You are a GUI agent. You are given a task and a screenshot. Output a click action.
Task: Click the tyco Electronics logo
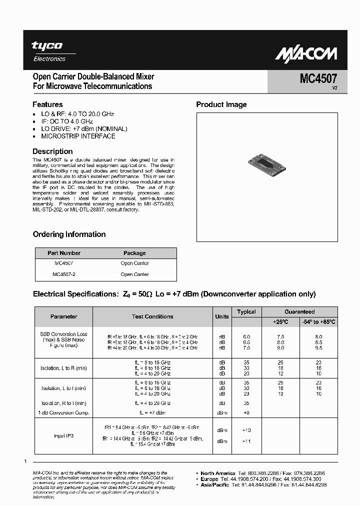coord(49,51)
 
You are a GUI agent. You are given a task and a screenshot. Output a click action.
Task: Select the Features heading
coord(47,104)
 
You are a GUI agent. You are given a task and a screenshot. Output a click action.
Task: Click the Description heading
coord(52,151)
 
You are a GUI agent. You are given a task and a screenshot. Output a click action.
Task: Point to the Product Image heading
coord(221,104)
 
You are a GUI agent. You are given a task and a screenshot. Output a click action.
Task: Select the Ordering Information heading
coord(69,234)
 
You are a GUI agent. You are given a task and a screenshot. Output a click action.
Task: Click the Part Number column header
coord(64,253)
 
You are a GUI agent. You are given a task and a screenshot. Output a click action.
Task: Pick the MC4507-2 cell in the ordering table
coord(64,274)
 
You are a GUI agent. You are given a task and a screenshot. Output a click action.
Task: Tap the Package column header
coord(134,253)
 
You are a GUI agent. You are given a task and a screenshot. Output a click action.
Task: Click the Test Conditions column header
coord(152,316)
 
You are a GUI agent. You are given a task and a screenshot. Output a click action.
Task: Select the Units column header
coord(222,316)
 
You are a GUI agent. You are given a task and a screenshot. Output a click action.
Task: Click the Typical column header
coord(246,311)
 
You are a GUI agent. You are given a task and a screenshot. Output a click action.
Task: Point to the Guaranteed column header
coord(300,311)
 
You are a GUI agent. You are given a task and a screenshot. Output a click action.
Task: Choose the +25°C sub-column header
coord(281,321)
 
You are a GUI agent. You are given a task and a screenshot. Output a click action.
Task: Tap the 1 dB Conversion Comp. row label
coord(63,412)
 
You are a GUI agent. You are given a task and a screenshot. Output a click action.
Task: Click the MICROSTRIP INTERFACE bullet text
coord(78,136)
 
